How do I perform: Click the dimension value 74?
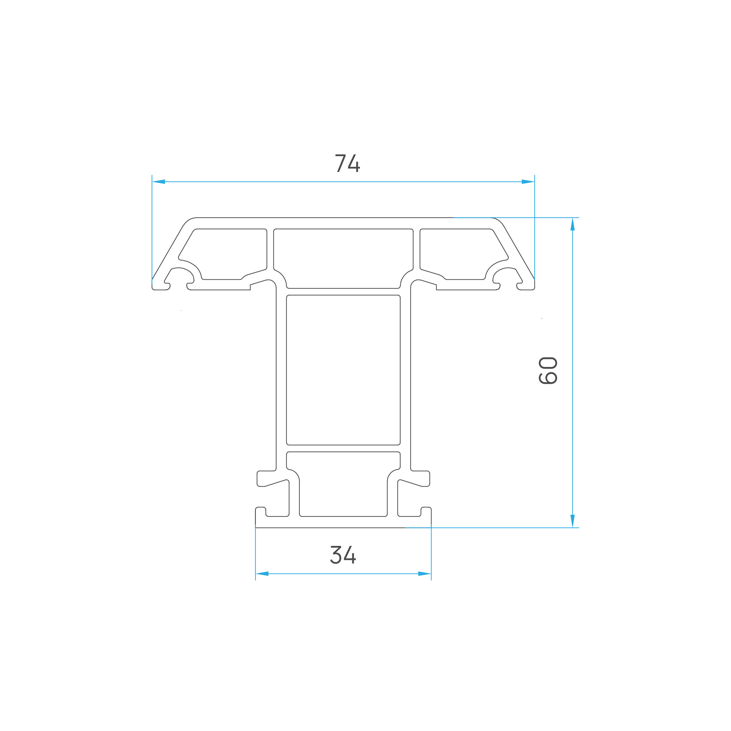click(347, 163)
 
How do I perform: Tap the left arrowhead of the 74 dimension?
click(158, 182)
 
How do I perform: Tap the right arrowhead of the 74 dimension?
click(528, 182)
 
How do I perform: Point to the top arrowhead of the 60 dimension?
click(573, 224)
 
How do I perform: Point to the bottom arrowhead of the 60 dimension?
click(573, 521)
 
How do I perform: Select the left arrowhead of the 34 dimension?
click(262, 574)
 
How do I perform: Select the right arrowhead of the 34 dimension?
click(425, 574)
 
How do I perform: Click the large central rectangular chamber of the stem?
click(343, 370)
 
